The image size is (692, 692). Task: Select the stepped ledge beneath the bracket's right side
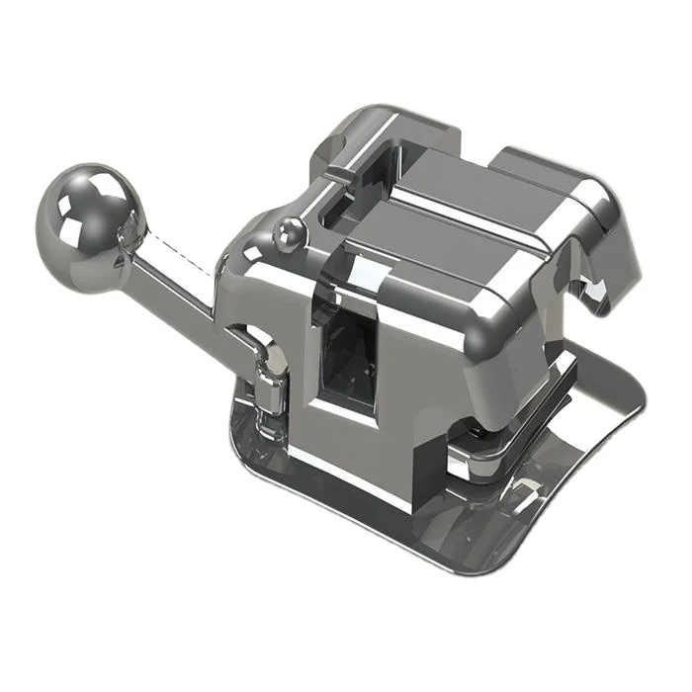[x=514, y=435]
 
